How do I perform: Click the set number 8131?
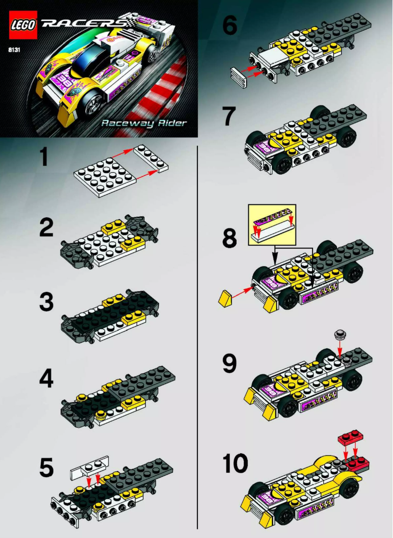[x=13, y=49]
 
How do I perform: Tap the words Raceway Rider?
[x=144, y=123]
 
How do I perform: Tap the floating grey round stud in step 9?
[x=340, y=335]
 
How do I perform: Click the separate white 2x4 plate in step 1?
[x=151, y=158]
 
